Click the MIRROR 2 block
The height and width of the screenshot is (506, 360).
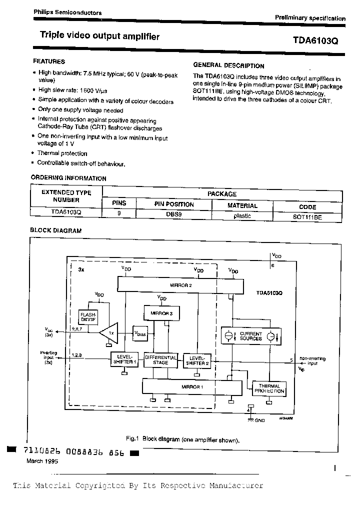[x=180, y=285]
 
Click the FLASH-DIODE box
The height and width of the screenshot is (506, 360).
[x=88, y=316]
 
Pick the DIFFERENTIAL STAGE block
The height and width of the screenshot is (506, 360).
[x=160, y=359]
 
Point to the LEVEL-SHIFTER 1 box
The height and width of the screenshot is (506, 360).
[x=123, y=358]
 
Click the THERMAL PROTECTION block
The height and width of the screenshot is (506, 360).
[x=270, y=388]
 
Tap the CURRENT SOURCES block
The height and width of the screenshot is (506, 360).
[x=250, y=336]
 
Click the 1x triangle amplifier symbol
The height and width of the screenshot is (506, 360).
[x=110, y=331]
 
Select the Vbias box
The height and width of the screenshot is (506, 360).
[x=139, y=332]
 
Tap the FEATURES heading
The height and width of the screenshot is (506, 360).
[x=49, y=61]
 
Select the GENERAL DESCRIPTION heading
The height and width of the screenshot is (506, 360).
[x=228, y=65]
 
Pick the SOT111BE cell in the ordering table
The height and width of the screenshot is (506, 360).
[x=307, y=216]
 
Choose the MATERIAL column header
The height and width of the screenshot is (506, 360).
[x=242, y=205]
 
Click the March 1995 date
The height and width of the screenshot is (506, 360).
[x=42, y=461]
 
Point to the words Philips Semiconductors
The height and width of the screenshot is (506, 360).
[x=67, y=12]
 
